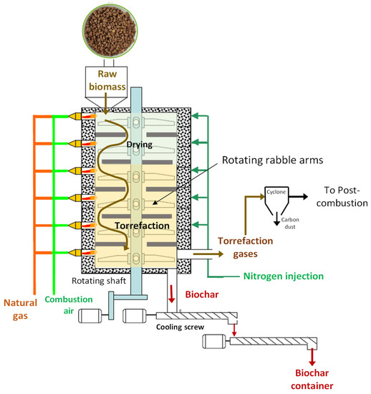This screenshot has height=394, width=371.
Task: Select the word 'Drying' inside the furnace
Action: point(140,145)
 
